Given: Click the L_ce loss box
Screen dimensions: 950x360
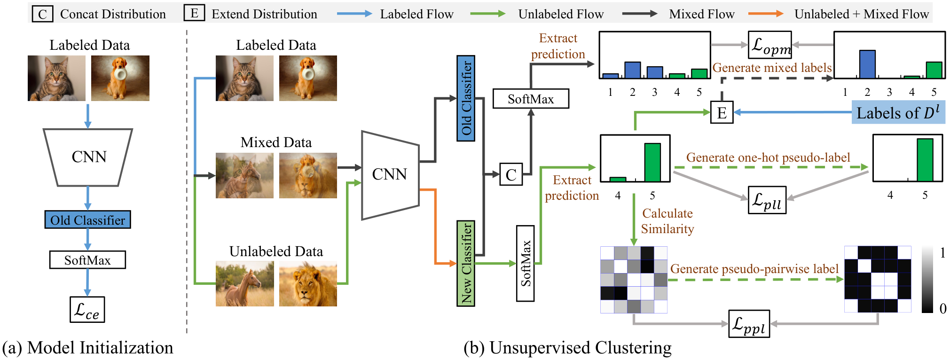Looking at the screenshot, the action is click(87, 309).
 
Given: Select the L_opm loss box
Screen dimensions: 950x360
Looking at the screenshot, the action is click(770, 45).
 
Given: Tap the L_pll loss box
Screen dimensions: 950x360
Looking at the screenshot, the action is click(767, 200).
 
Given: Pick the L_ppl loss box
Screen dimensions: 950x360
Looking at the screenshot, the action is click(749, 323).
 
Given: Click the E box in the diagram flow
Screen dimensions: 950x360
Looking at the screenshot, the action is click(722, 112).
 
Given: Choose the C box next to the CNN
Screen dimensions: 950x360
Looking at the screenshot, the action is click(511, 174).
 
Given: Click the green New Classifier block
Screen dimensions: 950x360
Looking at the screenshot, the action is click(466, 263).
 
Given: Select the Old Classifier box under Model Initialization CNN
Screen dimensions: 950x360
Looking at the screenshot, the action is click(87, 219).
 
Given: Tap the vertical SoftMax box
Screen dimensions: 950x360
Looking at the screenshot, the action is click(526, 263).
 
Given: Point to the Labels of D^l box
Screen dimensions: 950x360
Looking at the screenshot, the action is click(898, 112).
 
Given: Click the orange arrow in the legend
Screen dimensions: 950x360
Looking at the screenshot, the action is click(766, 14).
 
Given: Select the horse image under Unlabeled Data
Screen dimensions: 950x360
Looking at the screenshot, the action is click(245, 284).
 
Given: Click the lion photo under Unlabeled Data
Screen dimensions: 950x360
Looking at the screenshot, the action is click(308, 284).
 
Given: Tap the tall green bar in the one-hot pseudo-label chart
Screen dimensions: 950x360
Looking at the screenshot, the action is click(925, 160).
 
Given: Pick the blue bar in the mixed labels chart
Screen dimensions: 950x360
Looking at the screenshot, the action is click(867, 64).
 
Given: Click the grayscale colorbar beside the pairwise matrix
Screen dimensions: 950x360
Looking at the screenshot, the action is click(927, 279).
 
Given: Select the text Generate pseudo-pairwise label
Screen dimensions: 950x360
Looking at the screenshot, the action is click(754, 269).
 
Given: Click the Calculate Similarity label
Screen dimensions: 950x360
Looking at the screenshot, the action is click(667, 221).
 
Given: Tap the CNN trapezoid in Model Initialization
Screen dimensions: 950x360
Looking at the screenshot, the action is click(88, 157).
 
